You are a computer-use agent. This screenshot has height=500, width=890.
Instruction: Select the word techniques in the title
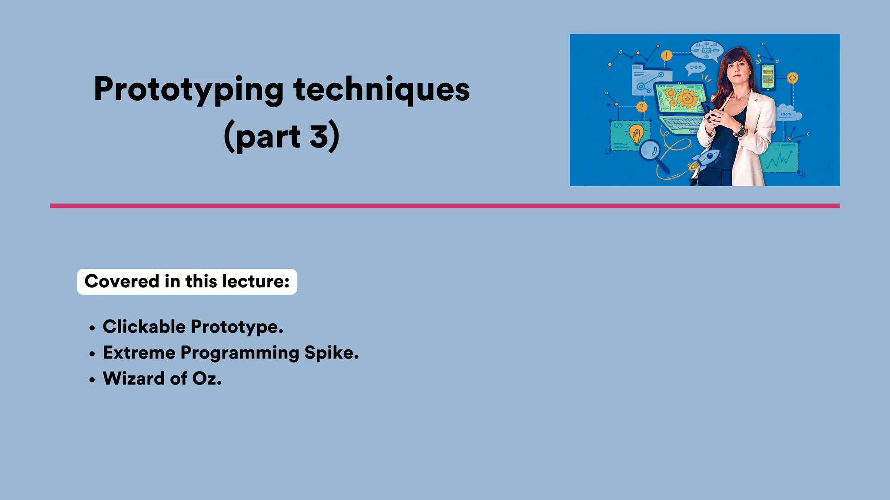(382, 89)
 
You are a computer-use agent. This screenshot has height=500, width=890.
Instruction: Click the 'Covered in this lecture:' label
(187, 282)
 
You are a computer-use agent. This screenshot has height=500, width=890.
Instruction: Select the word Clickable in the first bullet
(144, 327)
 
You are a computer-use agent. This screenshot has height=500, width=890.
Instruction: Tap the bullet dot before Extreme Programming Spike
(92, 354)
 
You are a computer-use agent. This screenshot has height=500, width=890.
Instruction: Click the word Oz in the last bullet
(206, 378)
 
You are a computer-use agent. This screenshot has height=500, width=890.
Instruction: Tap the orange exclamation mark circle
(666, 56)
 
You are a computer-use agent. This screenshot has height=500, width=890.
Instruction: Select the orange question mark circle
(641, 107)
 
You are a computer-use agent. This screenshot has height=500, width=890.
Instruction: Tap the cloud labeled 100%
(789, 113)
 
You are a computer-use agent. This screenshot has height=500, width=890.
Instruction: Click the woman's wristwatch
(740, 131)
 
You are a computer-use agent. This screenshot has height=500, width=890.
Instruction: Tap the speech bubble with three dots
(695, 68)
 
